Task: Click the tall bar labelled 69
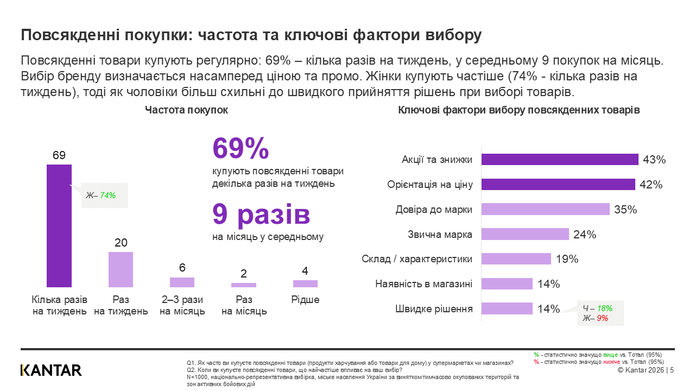pyautogui.click(x=59, y=225)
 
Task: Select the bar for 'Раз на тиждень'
pyautogui.click(x=121, y=269)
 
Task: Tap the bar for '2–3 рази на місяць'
pyautogui.click(x=182, y=282)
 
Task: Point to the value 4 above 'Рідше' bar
pyautogui.click(x=305, y=270)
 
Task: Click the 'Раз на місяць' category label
pyautogui.click(x=244, y=305)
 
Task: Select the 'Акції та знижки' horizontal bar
pyautogui.click(x=560, y=160)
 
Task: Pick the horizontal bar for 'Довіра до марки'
pyautogui.click(x=546, y=209)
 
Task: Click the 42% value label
pyautogui.click(x=650, y=185)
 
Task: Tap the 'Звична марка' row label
pyautogui.click(x=440, y=235)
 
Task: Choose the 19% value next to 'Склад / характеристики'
pyautogui.click(x=567, y=259)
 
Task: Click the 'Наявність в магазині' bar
pyautogui.click(x=507, y=284)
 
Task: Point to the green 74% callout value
pyautogui.click(x=108, y=195)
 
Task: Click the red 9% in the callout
pyautogui.click(x=602, y=318)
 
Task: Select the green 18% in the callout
pyautogui.click(x=604, y=308)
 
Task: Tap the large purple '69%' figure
pyautogui.click(x=241, y=148)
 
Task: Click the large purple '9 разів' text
pyautogui.click(x=261, y=215)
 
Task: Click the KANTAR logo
pyautogui.click(x=51, y=370)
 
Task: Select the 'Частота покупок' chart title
pyautogui.click(x=186, y=110)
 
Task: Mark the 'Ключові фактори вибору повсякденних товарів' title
pyautogui.click(x=519, y=110)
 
